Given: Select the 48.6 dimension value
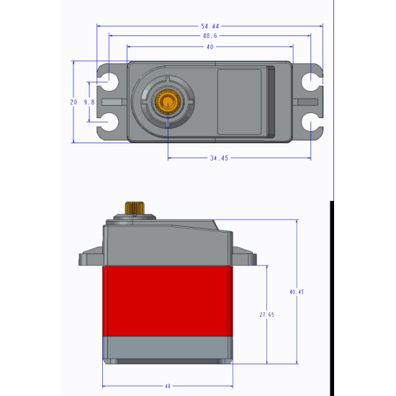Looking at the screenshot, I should [210, 35].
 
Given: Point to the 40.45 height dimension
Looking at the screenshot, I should [296, 292].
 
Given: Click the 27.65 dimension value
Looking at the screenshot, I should [266, 315].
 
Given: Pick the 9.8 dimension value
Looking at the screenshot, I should [89, 102].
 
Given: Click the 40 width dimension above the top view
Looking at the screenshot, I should [210, 46].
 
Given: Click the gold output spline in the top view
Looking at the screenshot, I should [168, 102].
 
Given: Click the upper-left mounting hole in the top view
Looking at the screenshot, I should [110, 80].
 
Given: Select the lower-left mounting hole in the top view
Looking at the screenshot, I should [110, 124].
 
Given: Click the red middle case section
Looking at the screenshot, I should [168, 301].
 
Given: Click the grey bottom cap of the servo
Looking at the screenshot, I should [168, 348].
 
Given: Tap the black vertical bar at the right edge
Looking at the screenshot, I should [331, 288].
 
